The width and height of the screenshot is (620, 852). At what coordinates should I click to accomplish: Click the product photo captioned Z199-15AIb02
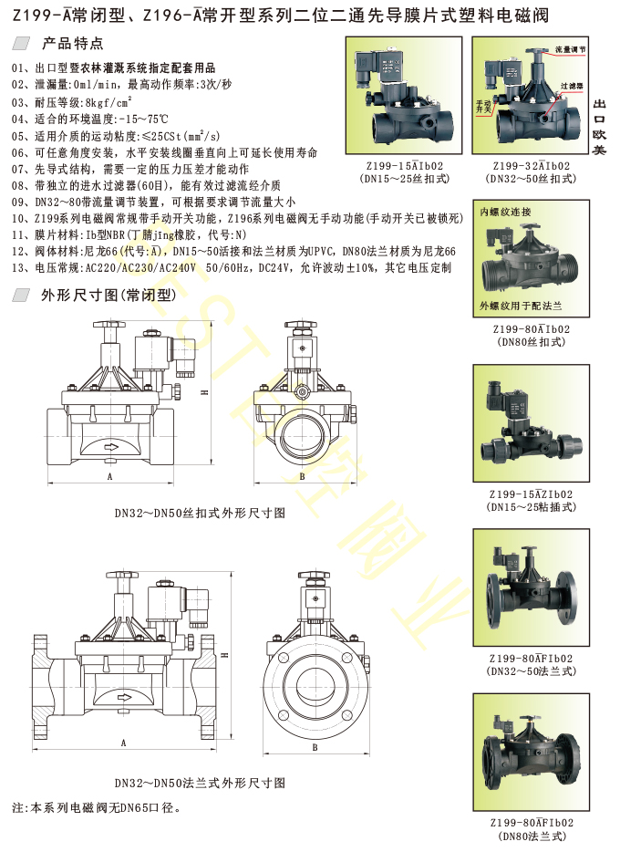tap(405, 96)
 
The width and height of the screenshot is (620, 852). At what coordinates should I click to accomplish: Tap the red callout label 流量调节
tap(570, 49)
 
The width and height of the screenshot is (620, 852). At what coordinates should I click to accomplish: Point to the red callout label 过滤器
tap(571, 86)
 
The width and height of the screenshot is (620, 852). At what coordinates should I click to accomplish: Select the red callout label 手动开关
tap(483, 106)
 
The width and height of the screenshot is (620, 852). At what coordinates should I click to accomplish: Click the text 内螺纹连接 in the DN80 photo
tap(505, 212)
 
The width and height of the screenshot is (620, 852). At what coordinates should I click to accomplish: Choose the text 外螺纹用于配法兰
tap(520, 306)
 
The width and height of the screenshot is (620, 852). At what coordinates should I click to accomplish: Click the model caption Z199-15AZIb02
tap(531, 494)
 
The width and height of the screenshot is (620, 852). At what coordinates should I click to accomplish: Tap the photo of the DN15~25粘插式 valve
tap(531, 423)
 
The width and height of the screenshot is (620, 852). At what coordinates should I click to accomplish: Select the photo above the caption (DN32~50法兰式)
tap(531, 587)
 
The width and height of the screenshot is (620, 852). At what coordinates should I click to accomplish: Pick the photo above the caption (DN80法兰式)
tap(531, 752)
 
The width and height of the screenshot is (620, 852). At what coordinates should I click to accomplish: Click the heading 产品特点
tap(72, 43)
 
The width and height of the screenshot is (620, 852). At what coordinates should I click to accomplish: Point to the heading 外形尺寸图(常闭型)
tap(109, 295)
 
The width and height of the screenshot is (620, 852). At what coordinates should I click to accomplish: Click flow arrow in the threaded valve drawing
tap(111, 448)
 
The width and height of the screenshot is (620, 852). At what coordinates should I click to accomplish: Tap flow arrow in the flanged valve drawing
tap(126, 697)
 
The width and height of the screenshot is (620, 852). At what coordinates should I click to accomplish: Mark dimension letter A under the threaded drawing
tap(109, 476)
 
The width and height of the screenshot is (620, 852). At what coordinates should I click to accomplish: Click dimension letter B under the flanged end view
tap(315, 747)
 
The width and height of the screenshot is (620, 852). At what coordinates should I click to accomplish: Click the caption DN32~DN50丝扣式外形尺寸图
tap(200, 513)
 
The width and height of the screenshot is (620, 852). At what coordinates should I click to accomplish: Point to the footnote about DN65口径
tap(96, 807)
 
